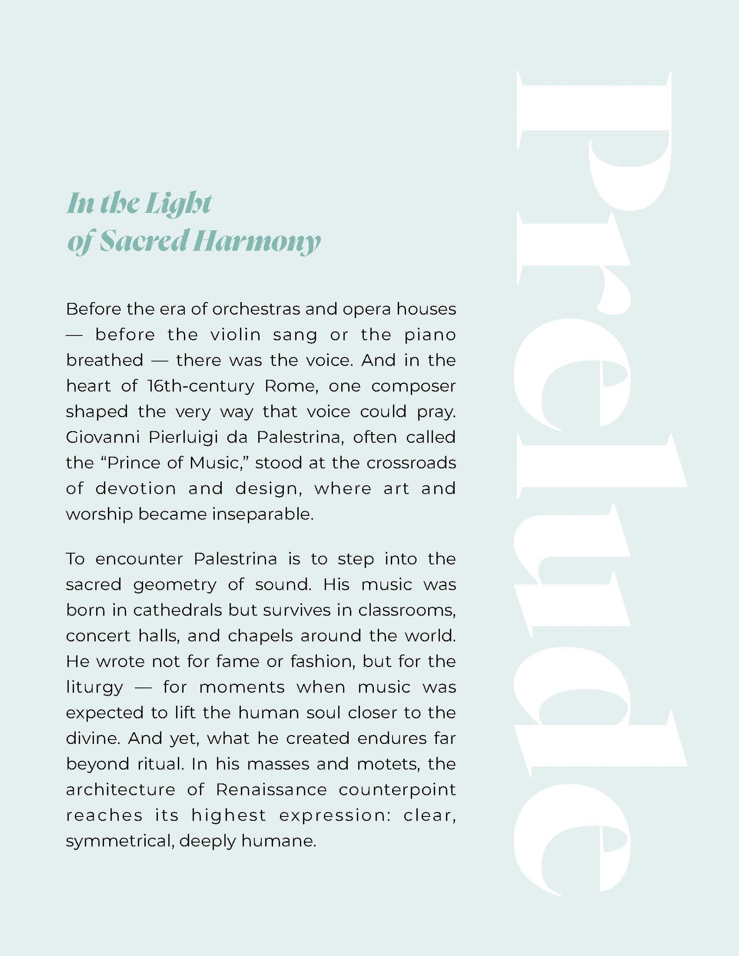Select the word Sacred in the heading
[140, 241]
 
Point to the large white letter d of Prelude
[598, 714]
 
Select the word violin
[236, 335]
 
